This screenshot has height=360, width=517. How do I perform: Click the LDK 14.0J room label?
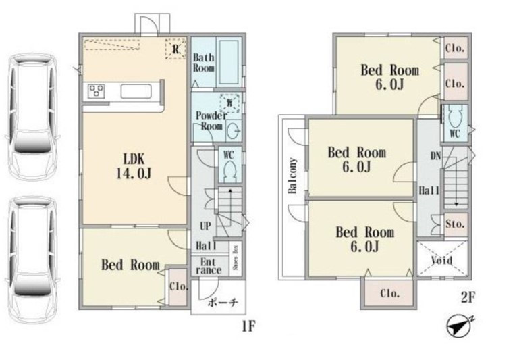(x=134, y=166)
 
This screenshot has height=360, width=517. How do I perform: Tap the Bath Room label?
(x=203, y=63)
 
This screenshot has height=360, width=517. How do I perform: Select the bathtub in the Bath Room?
(x=229, y=61)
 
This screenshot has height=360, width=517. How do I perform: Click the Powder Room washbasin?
(x=234, y=131)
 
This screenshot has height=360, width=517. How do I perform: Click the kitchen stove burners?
(x=97, y=91)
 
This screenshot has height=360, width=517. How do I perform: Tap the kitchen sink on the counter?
(x=136, y=91)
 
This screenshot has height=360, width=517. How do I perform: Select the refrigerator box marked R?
(x=175, y=49)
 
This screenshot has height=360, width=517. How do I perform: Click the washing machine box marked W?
(x=229, y=103)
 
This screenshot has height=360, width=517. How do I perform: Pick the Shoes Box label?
(x=236, y=258)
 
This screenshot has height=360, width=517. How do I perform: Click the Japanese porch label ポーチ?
(x=222, y=303)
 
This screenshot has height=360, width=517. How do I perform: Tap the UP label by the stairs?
(x=205, y=226)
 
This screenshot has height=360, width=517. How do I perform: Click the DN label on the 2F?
(x=435, y=155)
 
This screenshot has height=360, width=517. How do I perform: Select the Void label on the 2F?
(x=442, y=260)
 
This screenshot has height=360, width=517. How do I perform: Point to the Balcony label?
(x=292, y=176)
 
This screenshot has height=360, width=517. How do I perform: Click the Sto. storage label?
(x=455, y=224)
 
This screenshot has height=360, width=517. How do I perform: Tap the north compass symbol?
(x=459, y=326)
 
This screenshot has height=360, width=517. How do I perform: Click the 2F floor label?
(x=467, y=299)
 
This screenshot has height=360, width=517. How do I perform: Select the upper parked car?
(x=32, y=117)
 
